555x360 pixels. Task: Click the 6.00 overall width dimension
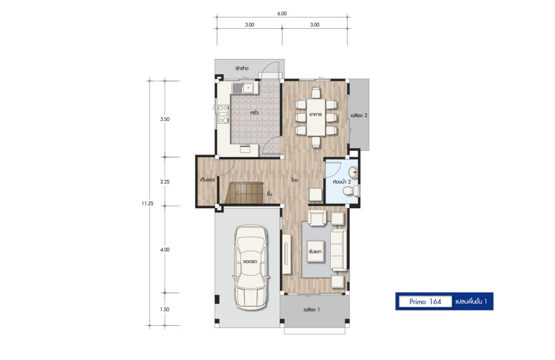click(x=282, y=14)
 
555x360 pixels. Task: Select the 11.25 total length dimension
click(x=147, y=203)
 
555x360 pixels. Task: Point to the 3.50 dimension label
click(x=165, y=119)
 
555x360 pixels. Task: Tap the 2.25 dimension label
click(x=165, y=182)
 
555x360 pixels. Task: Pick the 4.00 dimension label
click(x=165, y=249)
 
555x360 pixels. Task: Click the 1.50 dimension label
click(x=165, y=309)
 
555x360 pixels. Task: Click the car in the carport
click(x=250, y=267)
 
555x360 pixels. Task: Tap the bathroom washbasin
click(x=353, y=172)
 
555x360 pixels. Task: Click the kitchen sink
click(x=243, y=88)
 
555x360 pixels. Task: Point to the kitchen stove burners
click(x=223, y=114)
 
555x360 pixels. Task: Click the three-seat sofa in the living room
click(x=338, y=250)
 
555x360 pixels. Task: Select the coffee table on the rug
click(x=315, y=252)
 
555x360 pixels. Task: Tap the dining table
click(x=316, y=117)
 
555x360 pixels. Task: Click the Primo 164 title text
click(x=425, y=301)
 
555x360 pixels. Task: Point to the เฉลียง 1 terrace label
click(x=312, y=310)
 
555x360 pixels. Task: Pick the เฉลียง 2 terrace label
click(x=359, y=115)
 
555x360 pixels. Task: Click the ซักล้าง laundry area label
click(x=242, y=68)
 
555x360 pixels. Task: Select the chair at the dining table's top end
click(x=316, y=93)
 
